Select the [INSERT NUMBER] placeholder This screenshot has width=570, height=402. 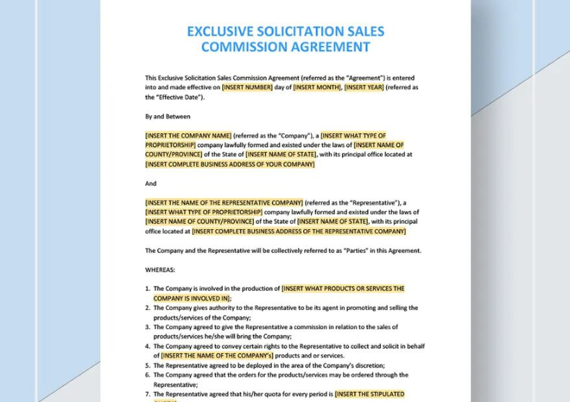coord(247,88)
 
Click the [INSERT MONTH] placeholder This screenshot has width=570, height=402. coord(317,88)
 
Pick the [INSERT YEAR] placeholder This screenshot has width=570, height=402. coord(364,88)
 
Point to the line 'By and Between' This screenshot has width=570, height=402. coord(167,117)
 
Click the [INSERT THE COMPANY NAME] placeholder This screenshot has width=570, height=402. coord(188,135)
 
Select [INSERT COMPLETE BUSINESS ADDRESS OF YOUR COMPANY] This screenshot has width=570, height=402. coord(229,164)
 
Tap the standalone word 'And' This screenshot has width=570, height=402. coord(151,184)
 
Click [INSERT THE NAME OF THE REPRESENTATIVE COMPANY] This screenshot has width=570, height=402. coord(224,203)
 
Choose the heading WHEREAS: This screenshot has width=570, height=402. coord(160,270)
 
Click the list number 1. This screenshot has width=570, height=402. coord(147,289)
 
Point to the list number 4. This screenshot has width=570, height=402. coord(147,347)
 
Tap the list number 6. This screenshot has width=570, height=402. coord(147,375)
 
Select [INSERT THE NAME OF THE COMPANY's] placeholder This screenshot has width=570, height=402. coord(216,356)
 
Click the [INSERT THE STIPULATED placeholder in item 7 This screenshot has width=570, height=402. coord(369,395)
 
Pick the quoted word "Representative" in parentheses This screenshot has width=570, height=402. coord(376,203)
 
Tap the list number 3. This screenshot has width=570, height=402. coord(147,327)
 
